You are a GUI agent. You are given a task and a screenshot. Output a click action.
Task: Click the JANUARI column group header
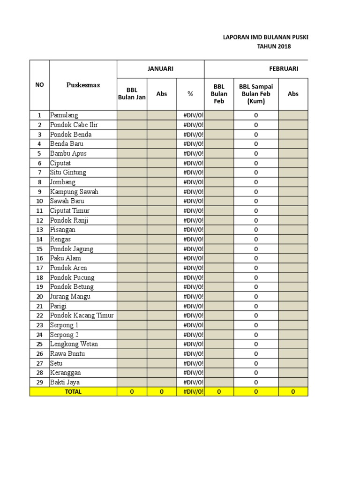pos(160,68)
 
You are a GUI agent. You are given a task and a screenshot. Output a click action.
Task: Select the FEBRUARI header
pos(284,68)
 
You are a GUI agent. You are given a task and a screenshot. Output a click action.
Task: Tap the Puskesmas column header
pos(83,85)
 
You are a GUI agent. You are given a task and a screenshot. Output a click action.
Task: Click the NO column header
pos(39,85)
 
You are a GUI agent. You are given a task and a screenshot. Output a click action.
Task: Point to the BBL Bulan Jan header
pos(132,94)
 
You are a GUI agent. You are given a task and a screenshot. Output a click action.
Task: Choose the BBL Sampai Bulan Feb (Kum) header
pos(256,94)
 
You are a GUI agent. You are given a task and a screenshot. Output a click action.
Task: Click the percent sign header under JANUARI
pos(190,94)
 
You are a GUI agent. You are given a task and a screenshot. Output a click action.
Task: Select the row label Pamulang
pos(64,115)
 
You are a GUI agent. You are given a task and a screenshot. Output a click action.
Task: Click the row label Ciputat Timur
pos(70,211)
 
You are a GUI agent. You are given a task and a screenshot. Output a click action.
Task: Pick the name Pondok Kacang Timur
pos(82,315)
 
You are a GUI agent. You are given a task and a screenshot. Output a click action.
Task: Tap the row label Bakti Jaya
pos(65,382)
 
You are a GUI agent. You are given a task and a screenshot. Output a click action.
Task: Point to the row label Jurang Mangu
pos(70,296)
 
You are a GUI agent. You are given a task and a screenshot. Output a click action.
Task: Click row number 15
pos(39,249)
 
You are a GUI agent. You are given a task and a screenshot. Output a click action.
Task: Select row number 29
pos(39,382)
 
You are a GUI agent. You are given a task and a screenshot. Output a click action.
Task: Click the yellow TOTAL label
pos(73,391)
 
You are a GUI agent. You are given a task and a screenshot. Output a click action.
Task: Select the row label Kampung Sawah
pos(74,192)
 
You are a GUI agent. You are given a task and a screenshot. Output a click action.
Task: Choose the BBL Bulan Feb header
pos(219,94)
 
